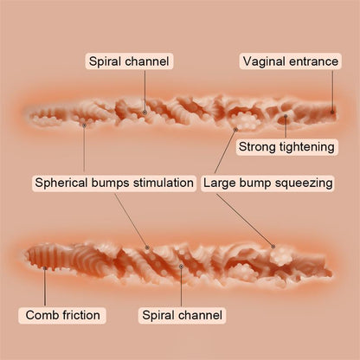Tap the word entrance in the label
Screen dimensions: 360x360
[314, 61]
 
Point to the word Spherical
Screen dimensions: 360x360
[61, 183]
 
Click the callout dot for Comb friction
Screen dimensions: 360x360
[45, 268]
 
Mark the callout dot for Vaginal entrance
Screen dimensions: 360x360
[332, 112]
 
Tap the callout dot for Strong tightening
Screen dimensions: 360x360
[286, 116]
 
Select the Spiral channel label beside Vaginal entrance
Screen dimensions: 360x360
[129, 61]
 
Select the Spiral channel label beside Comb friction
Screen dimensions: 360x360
[182, 315]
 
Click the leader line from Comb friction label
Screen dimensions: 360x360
[45, 287]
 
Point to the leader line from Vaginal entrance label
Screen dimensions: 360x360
[332, 90]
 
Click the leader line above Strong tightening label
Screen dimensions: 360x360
[286, 128]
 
